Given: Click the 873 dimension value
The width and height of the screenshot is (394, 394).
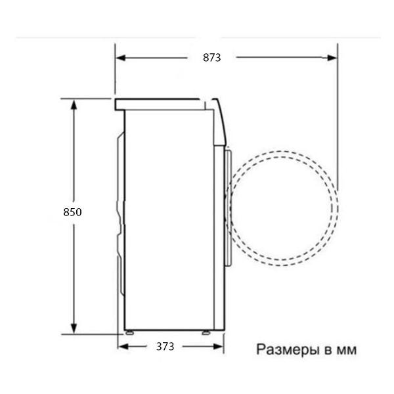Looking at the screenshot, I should [211, 58].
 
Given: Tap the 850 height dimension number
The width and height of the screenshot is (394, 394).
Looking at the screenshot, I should [72, 212].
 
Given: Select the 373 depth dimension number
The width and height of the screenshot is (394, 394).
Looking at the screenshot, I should [165, 346].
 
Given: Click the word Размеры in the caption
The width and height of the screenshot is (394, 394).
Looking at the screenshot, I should [286, 349].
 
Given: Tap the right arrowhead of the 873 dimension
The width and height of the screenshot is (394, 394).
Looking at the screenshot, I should [332, 58].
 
